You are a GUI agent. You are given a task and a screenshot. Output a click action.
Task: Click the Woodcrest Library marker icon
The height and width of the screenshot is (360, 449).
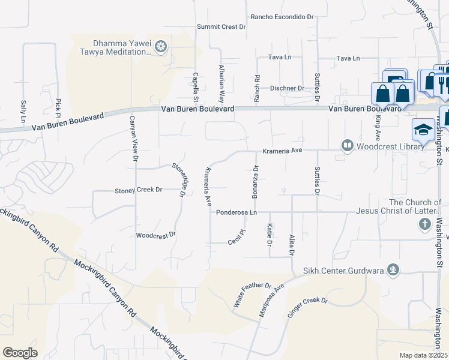click(x=347, y=145)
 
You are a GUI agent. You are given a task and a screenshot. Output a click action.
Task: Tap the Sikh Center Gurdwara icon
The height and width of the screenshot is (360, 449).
click(x=393, y=270)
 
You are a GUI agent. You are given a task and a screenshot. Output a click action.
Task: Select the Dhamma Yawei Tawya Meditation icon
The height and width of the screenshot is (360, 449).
click(x=160, y=46)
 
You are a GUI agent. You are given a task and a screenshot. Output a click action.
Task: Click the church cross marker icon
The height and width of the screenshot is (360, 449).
click(x=424, y=224)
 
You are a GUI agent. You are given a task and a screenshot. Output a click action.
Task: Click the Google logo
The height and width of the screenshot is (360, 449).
click(x=20, y=353)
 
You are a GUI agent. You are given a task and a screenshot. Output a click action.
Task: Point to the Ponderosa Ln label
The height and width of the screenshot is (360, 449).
click(x=237, y=212)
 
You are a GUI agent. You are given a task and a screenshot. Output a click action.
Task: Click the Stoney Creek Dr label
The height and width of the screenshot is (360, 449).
click(x=139, y=190)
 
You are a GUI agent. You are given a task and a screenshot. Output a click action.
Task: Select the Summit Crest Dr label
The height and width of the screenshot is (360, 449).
click(x=222, y=27)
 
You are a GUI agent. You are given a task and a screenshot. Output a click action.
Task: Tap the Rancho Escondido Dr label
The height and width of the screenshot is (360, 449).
click(x=282, y=17)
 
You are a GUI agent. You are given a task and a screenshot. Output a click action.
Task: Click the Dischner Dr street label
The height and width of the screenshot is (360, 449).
click(x=287, y=88)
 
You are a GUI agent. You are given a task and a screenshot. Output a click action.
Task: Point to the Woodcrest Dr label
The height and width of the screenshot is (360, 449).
click(x=155, y=235)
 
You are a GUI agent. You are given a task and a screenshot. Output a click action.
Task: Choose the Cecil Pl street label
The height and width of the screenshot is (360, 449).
click(x=238, y=236)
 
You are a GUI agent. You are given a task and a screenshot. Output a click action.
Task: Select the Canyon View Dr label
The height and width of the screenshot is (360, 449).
click(x=134, y=139)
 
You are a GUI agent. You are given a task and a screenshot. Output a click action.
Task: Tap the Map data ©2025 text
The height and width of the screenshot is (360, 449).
click(x=423, y=355)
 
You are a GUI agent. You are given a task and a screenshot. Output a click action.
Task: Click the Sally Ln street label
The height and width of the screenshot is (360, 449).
click(x=24, y=112)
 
